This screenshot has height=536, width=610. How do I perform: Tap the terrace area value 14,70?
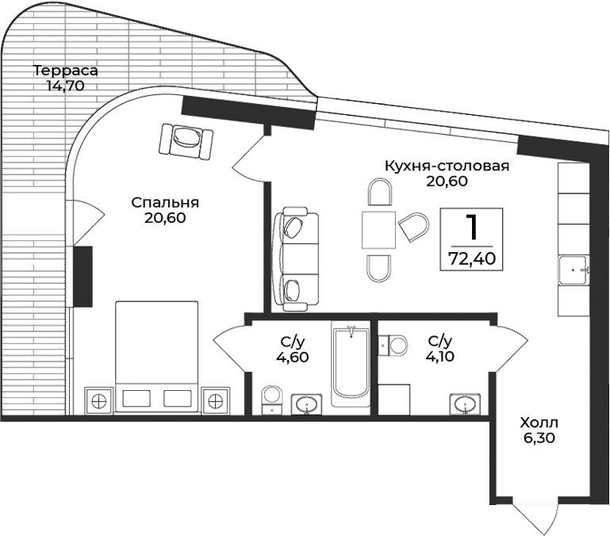coord(65,86)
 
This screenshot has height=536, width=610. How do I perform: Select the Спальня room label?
coord(165,202)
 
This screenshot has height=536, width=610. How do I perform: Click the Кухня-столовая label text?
coord(446,167)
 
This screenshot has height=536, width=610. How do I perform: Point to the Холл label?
coord(539,422)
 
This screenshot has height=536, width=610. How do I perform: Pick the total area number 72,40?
coord(473,258)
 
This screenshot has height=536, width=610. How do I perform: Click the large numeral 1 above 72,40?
coord(473,228)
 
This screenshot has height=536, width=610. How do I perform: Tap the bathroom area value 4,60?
coord(293,357)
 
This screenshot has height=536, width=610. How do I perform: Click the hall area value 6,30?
coord(539,437)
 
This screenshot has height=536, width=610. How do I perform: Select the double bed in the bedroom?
coord(156,357)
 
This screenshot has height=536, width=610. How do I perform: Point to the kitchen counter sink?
coord(573,270)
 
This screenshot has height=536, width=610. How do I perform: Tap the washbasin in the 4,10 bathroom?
coord(466,405)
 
